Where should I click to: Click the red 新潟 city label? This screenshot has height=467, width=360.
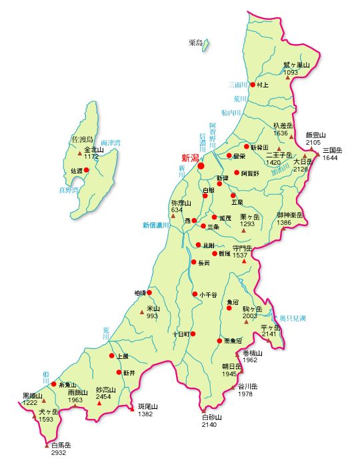pos(190,158)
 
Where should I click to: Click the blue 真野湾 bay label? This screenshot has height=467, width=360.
pos(68,190)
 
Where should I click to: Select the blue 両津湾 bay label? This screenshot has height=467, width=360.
pos(111,143)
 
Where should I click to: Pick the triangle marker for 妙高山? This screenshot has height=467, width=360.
pos(100,402)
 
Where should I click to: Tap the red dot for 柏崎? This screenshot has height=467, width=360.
pos(149,292)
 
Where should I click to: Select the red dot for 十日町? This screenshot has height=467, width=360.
pos(193,333)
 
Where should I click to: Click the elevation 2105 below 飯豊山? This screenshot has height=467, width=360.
pos(313,143)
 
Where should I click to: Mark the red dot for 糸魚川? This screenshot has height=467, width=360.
pos(54,384)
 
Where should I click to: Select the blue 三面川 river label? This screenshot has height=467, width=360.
pos(238,85)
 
